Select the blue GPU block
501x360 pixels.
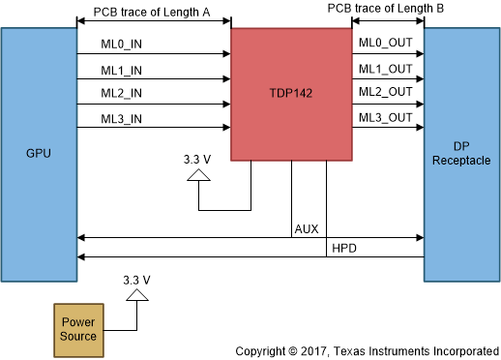(x=40, y=154)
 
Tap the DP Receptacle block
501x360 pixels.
(x=459, y=154)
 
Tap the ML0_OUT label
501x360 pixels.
(x=385, y=44)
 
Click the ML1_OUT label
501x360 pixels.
(x=385, y=69)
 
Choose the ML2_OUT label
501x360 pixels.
(x=385, y=93)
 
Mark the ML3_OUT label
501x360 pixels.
(x=385, y=118)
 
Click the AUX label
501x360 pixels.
(x=307, y=229)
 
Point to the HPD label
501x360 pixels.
(x=344, y=249)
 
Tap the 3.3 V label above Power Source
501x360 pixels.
(x=137, y=279)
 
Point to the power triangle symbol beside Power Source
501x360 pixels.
(x=137, y=293)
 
